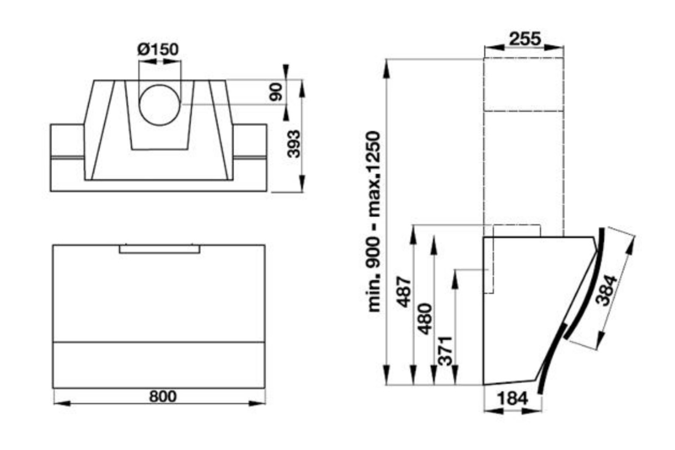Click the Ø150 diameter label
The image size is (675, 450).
[158, 49]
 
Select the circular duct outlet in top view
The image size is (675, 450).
[160, 105]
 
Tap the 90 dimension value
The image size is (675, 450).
[276, 92]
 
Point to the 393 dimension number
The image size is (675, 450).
[293, 144]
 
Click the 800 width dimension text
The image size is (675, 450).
[162, 396]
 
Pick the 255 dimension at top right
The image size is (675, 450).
[525, 39]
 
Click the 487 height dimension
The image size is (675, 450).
[404, 292]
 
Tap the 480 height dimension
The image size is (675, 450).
[424, 319]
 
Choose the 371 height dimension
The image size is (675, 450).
[445, 350]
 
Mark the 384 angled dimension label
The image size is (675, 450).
[607, 290]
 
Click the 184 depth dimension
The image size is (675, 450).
[513, 398]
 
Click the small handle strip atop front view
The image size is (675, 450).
[160, 249]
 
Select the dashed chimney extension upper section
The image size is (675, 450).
[523, 85]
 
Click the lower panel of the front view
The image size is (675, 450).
[159, 365]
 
